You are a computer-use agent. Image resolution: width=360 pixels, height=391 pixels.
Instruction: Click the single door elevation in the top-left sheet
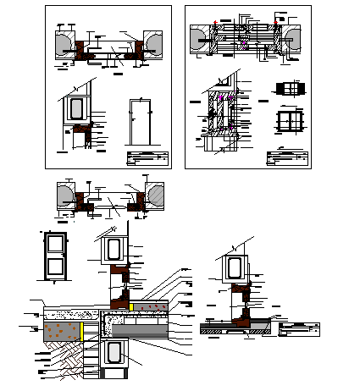coord(141,123)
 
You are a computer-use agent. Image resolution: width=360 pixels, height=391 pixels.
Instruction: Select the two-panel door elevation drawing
coord(55,254)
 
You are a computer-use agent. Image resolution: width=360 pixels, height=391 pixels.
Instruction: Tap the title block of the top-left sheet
coord(145,158)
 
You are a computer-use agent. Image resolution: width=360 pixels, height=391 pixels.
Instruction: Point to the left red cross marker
coord(215,23)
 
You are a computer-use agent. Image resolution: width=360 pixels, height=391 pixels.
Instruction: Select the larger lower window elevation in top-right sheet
coord(291,118)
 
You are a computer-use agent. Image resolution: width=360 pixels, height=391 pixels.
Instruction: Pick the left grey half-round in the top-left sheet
coord(64,43)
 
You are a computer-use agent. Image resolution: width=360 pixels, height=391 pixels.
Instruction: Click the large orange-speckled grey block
coord(60,327)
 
